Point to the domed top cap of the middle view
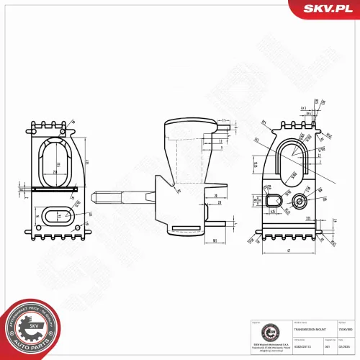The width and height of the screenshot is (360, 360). (x=190, y=130)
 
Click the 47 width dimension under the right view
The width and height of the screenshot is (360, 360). (x=287, y=251)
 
